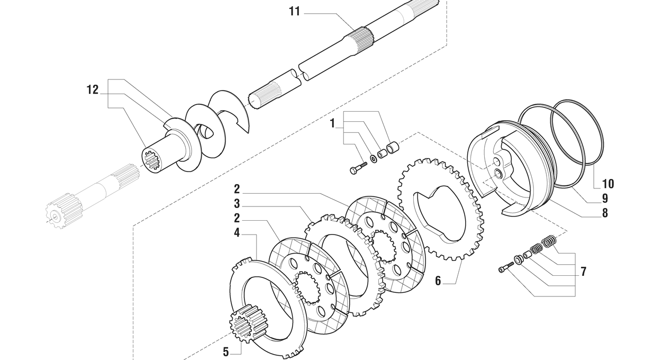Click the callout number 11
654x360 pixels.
[294, 12]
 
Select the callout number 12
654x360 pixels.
[93, 90]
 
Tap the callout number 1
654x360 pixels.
[332, 123]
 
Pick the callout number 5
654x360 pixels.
[226, 352]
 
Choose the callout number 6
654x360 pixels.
[438, 281]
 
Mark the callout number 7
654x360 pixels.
[583, 272]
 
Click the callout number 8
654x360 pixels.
[605, 213]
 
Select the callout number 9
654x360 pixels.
[605, 199]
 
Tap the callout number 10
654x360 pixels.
[608, 184]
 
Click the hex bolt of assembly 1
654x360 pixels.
[358, 168]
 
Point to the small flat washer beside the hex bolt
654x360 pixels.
[374, 159]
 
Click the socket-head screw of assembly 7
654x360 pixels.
[506, 267]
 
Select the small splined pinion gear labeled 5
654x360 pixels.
[246, 323]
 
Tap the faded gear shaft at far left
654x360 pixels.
[92, 196]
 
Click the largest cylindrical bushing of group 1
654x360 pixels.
[393, 147]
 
